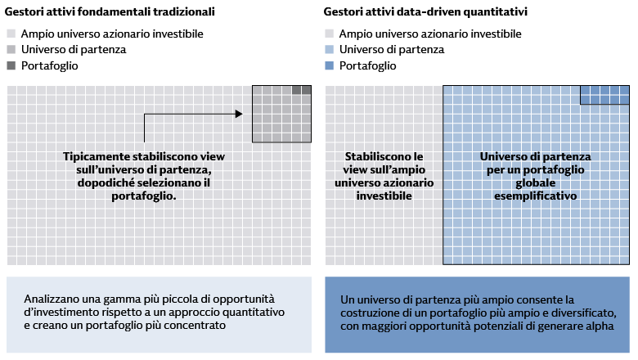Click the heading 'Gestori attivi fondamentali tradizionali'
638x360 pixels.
(110, 13)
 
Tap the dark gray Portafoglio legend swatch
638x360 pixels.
(11, 65)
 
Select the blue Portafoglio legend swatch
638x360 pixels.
(329, 65)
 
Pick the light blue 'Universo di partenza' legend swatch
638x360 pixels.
(329, 50)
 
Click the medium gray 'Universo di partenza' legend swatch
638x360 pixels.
(11, 50)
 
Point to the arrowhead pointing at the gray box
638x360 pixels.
(239, 114)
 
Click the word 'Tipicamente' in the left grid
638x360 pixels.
(97, 156)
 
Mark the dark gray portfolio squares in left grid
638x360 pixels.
(302, 90)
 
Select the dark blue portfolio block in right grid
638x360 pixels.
(604, 94)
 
